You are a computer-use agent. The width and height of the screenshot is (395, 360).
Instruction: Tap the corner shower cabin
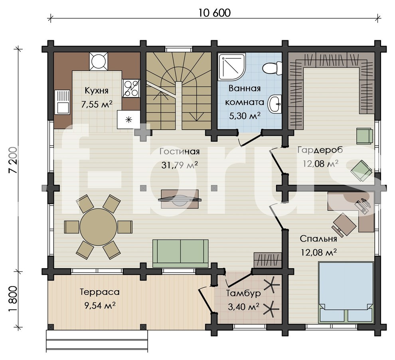tap(231, 67)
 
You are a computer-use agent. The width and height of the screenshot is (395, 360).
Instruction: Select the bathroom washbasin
tap(275, 104)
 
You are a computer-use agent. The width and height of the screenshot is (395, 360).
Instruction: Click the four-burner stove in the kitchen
tap(131, 88)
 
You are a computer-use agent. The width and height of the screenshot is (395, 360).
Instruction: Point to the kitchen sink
tap(62, 102)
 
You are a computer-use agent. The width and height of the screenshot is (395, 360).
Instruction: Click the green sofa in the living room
tap(180, 253)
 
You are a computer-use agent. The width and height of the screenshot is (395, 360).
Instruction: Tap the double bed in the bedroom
tap(346, 292)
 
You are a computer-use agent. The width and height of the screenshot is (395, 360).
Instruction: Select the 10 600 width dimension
tap(215, 13)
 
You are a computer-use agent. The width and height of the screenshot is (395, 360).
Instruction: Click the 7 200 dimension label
tap(13, 160)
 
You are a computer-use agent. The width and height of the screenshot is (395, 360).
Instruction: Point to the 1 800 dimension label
tap(13, 299)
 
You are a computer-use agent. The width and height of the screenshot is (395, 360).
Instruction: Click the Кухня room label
tap(97, 91)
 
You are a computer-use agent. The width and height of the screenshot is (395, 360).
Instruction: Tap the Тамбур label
tap(243, 293)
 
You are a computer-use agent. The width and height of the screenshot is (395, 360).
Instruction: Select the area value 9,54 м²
tap(100, 306)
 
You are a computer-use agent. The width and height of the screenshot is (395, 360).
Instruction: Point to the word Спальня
tap(318, 239)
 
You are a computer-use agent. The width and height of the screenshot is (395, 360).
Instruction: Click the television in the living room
tap(180, 200)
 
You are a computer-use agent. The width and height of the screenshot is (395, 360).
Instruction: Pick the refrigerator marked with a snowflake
tap(128, 120)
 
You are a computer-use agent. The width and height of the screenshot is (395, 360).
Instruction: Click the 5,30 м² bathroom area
tap(245, 116)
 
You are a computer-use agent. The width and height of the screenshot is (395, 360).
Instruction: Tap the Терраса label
tap(100, 292)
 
